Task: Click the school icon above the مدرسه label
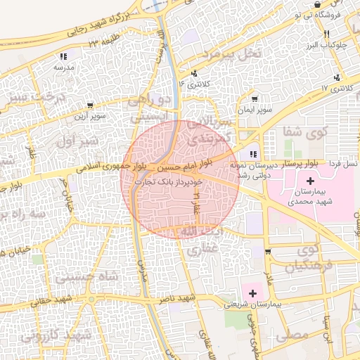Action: coord(63,56)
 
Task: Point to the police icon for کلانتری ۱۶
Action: coord(194,72)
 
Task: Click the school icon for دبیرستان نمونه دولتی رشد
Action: coord(253,155)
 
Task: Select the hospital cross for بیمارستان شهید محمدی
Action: coord(311,181)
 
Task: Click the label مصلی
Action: coord(295,336)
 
